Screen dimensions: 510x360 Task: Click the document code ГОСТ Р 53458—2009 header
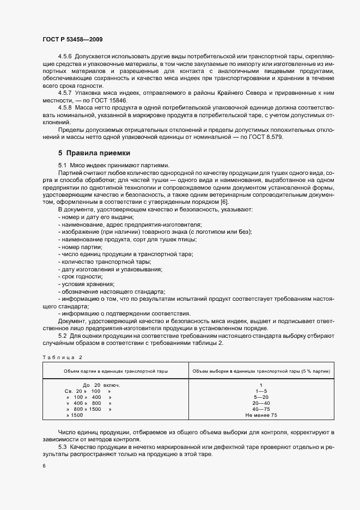72,40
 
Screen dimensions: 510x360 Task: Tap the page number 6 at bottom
44,466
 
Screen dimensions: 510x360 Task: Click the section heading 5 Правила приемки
94,153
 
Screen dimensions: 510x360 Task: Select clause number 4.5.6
65,57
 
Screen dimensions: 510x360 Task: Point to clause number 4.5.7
65,93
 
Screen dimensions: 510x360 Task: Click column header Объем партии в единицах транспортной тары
115,371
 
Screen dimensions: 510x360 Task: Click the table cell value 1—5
261,392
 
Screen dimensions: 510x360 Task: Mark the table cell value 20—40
261,403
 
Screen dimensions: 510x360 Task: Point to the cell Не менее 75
261,415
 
